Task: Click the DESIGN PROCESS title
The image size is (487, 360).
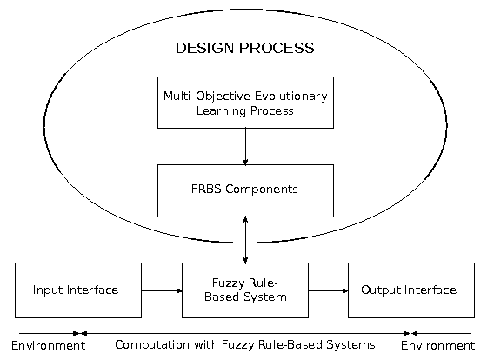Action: point(244,48)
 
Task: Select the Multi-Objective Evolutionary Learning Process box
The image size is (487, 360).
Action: point(245,103)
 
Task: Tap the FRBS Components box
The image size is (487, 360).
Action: point(245,190)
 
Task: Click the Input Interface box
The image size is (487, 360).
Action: point(78,290)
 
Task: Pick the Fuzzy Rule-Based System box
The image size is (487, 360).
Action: point(245,290)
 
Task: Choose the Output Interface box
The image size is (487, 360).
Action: point(411,290)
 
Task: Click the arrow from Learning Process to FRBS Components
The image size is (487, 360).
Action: point(245,146)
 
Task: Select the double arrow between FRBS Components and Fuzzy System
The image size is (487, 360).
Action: point(245,240)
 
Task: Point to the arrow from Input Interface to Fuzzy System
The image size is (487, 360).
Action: point(162,290)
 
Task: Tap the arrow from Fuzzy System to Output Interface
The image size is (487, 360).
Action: point(329,290)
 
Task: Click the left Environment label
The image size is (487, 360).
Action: point(48,345)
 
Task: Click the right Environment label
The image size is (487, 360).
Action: point(438,345)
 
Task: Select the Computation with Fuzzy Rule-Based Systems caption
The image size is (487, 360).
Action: point(245,345)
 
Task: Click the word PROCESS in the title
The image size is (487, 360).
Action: point(277,48)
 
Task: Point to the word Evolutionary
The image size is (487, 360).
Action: point(291,97)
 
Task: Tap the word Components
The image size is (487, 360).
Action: point(262,190)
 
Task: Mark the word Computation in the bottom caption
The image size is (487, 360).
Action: point(152,345)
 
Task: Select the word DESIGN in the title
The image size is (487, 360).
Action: point(204,48)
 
